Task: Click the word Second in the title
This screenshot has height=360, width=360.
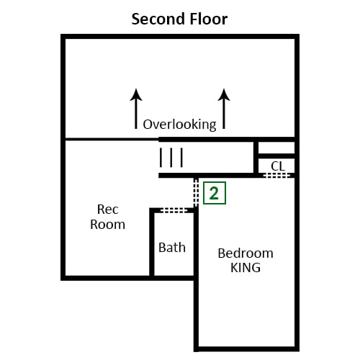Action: click(x=158, y=19)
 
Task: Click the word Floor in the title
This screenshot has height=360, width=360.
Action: click(x=208, y=19)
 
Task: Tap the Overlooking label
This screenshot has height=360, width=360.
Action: click(x=179, y=125)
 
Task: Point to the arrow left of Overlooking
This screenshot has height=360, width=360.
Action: click(x=136, y=109)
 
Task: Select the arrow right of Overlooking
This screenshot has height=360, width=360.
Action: click(x=224, y=109)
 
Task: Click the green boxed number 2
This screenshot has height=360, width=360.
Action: click(x=215, y=193)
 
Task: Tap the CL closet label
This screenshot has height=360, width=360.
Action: click(x=278, y=166)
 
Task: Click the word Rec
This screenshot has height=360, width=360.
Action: click(x=107, y=210)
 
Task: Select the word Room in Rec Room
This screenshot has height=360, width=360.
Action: click(x=107, y=225)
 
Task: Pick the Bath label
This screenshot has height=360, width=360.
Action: click(x=172, y=248)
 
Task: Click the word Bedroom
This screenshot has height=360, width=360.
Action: click(x=246, y=253)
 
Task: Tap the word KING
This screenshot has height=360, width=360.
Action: click(x=246, y=268)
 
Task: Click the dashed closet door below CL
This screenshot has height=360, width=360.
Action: click(x=276, y=176)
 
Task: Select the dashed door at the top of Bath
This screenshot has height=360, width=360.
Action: click(x=174, y=210)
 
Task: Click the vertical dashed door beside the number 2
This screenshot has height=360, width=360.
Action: click(x=196, y=192)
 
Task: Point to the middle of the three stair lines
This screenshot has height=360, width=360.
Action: click(x=171, y=158)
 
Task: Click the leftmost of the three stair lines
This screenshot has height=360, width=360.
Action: click(x=161, y=158)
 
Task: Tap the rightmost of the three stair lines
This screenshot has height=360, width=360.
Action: click(x=181, y=158)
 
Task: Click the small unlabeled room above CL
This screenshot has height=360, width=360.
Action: click(x=276, y=148)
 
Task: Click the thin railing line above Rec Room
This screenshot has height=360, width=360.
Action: click(x=112, y=139)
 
